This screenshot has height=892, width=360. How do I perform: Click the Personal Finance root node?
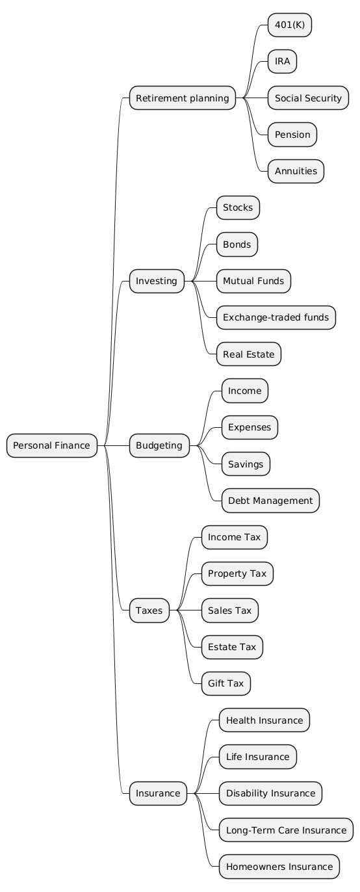point(52,445)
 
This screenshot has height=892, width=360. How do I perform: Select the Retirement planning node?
point(183,98)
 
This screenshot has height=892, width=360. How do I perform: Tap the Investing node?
point(157,281)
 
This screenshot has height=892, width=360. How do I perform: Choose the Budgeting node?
point(159,445)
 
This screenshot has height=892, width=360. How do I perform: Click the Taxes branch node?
point(149,610)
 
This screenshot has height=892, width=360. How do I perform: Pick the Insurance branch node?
point(158,793)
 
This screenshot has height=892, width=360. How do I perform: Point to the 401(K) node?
point(290,25)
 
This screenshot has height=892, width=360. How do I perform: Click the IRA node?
point(282,61)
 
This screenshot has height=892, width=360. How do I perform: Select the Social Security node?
point(308,98)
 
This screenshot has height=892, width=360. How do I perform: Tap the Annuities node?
point(296,171)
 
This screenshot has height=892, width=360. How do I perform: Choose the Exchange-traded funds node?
point(276,317)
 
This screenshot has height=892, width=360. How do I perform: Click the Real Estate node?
point(249,354)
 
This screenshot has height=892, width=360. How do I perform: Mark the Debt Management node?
point(270,501)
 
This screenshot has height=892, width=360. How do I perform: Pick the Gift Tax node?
point(225,683)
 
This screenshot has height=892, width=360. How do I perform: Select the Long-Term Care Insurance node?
point(286,830)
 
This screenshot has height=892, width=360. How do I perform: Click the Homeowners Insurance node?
point(279,867)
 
